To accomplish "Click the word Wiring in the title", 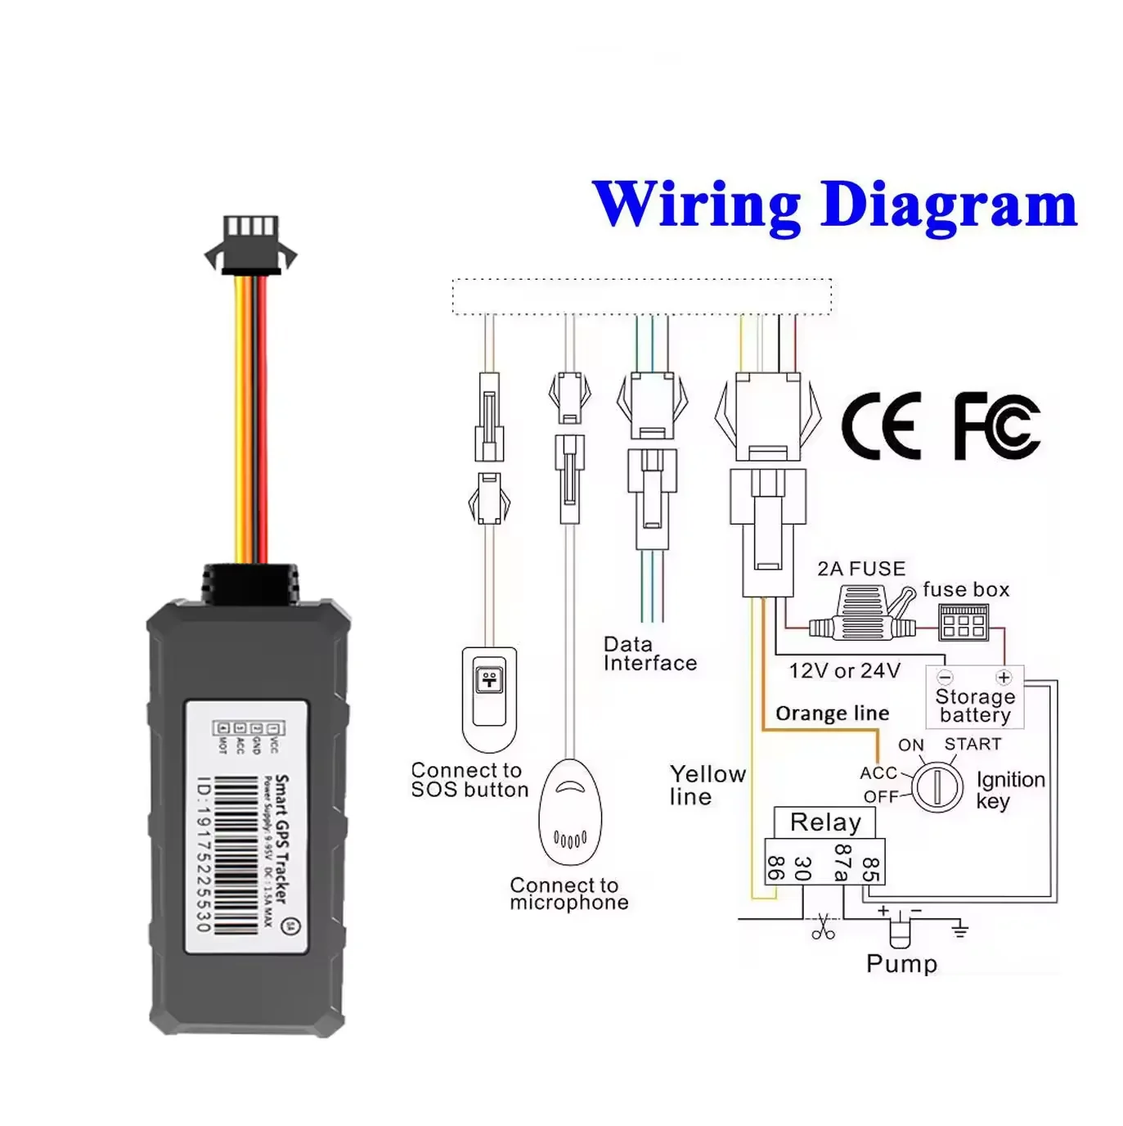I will [x=696, y=205].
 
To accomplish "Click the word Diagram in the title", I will [x=949, y=206].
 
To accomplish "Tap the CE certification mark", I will [x=881, y=425].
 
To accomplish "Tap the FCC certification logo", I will [x=997, y=426].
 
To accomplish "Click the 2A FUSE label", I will [x=861, y=569].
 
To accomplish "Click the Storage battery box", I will [x=974, y=698].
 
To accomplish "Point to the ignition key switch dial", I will [x=937, y=786].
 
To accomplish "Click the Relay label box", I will [x=824, y=822].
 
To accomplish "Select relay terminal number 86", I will [x=775, y=868].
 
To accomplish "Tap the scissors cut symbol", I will [x=823, y=926].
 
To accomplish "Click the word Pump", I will [x=901, y=964].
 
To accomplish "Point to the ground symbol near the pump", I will [x=959, y=929].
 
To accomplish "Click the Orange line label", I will [x=832, y=714].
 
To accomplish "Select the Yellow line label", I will [x=707, y=785].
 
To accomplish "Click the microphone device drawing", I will [x=570, y=813].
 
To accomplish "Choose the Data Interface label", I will [x=649, y=654].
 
